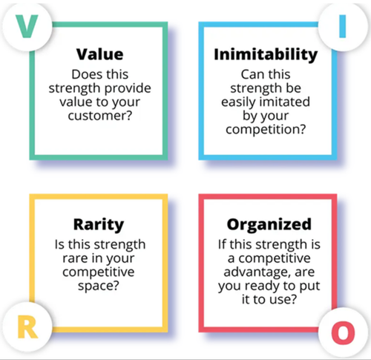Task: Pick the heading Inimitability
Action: tap(265, 55)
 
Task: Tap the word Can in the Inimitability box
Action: tap(253, 74)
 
